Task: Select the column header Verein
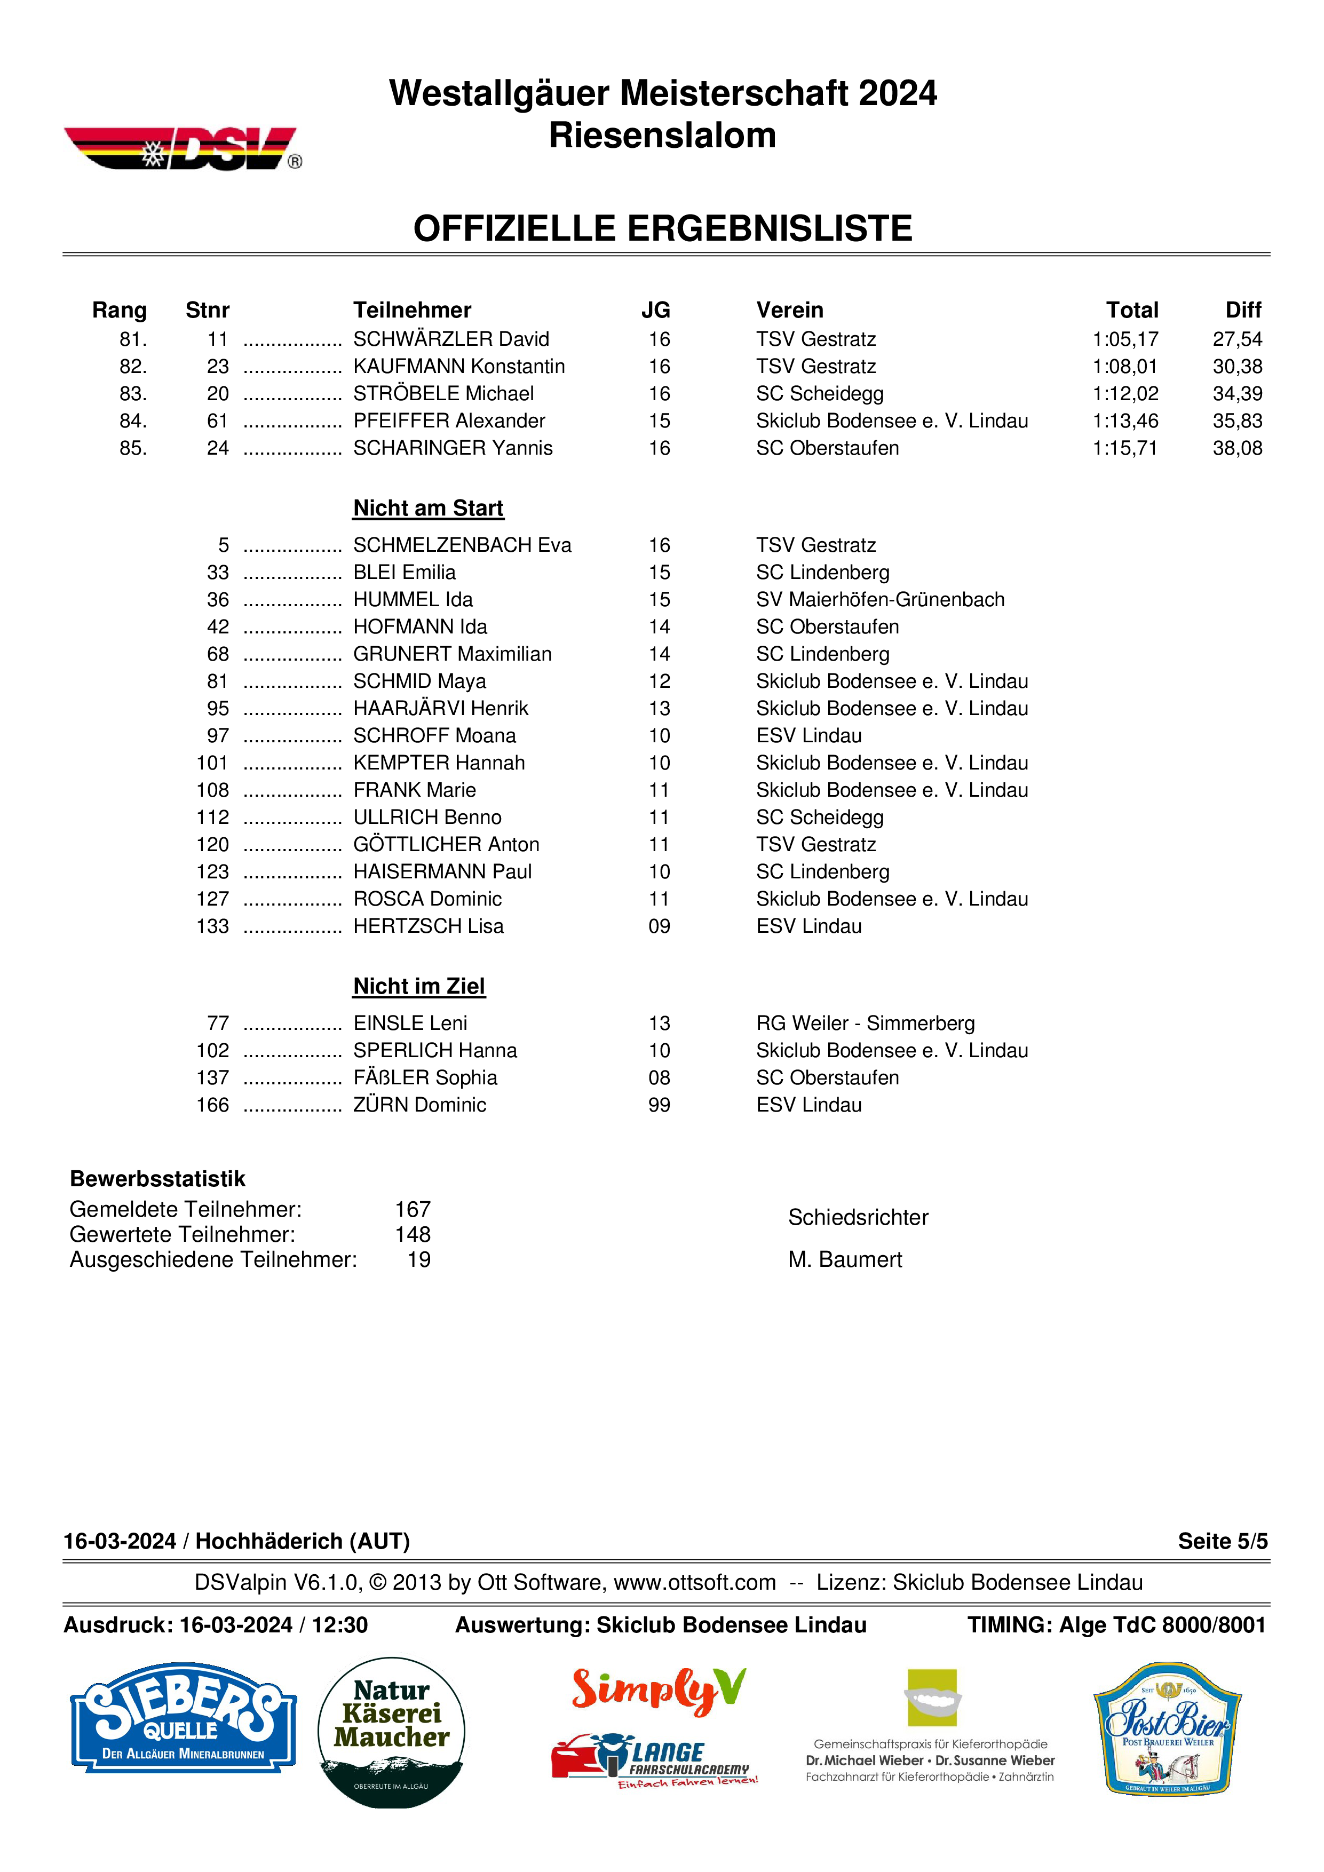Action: [x=789, y=310]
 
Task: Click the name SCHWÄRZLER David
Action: [x=451, y=339]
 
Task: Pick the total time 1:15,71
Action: [x=1124, y=448]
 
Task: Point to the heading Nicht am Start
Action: [x=428, y=508]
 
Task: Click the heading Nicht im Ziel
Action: [x=419, y=987]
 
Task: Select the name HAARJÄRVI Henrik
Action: [x=440, y=709]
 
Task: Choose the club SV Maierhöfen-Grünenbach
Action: [x=879, y=600]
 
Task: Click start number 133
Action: [x=213, y=926]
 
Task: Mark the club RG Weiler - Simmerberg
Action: [x=865, y=1023]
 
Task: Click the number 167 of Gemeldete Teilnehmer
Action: [x=413, y=1209]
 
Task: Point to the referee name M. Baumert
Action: [x=845, y=1260]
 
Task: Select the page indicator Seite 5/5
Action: [x=1222, y=1541]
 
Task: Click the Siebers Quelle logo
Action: [x=183, y=1719]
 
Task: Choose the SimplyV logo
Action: [x=659, y=1688]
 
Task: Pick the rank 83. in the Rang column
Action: [x=133, y=394]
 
